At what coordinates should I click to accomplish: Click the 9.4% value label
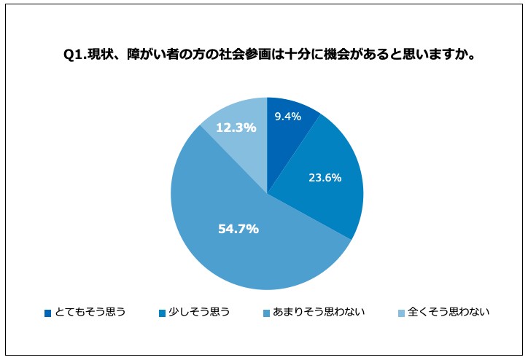pyautogui.click(x=288, y=117)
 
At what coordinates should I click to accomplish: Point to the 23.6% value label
pyautogui.click(x=325, y=177)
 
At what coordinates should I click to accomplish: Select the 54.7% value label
pyautogui.click(x=238, y=229)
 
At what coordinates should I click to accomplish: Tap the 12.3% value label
pyautogui.click(x=236, y=128)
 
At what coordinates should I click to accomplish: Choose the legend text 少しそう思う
pyautogui.click(x=199, y=312)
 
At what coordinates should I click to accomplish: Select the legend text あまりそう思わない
pyautogui.click(x=319, y=312)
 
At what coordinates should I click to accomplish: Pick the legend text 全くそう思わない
pyautogui.click(x=449, y=312)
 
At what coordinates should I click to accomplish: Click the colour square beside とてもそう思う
pyautogui.click(x=48, y=313)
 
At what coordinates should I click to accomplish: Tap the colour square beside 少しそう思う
pyautogui.click(x=163, y=313)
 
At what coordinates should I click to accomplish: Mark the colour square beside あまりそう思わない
pyautogui.click(x=266, y=313)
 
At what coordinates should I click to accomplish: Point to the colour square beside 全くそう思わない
pyautogui.click(x=401, y=313)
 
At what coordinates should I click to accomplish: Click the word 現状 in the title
pyautogui.click(x=101, y=55)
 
